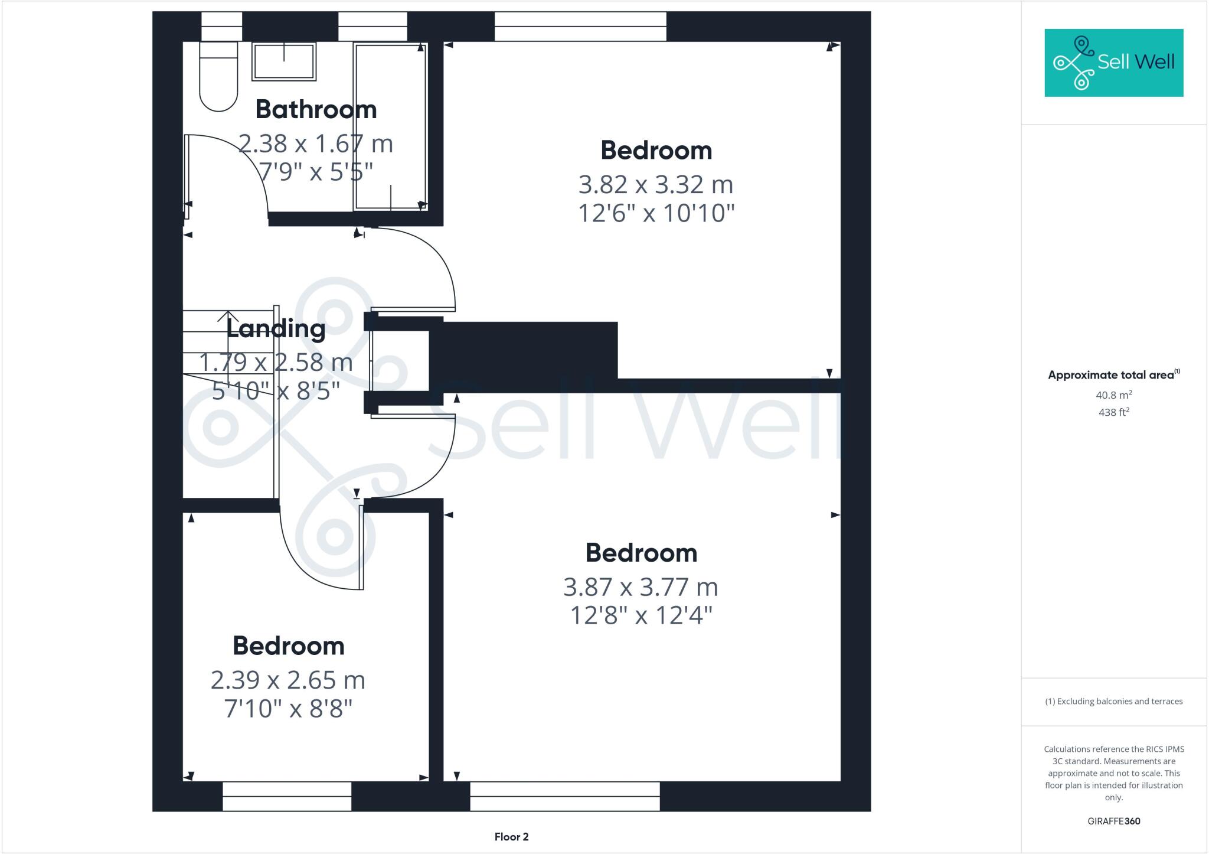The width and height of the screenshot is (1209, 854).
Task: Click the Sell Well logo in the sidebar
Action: [1113, 63]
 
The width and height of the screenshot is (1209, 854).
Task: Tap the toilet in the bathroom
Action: [218, 77]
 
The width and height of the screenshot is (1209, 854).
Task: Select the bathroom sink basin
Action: [284, 61]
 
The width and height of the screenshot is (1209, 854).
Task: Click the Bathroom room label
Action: [316, 110]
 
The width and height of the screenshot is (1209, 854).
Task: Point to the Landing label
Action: [276, 329]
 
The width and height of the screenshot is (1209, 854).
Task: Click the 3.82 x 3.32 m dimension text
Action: [656, 185]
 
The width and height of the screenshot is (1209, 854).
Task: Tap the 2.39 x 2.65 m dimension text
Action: [288, 680]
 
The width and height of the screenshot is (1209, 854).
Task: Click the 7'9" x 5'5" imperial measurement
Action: [316, 172]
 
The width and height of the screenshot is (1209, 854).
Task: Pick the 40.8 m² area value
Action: [1114, 395]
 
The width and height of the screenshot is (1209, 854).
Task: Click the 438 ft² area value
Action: [1114, 412]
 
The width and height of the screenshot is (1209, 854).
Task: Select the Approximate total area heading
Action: [1113, 375]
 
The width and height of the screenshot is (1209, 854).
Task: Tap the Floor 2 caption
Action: [511, 837]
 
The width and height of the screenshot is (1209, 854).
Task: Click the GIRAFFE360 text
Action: [1114, 821]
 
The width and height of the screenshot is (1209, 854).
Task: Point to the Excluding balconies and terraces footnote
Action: [1114, 702]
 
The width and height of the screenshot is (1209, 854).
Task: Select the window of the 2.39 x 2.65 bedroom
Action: [287, 796]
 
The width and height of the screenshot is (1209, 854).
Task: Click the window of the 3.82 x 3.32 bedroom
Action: [580, 27]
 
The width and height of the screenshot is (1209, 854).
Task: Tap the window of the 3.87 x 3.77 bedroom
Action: [565, 796]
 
